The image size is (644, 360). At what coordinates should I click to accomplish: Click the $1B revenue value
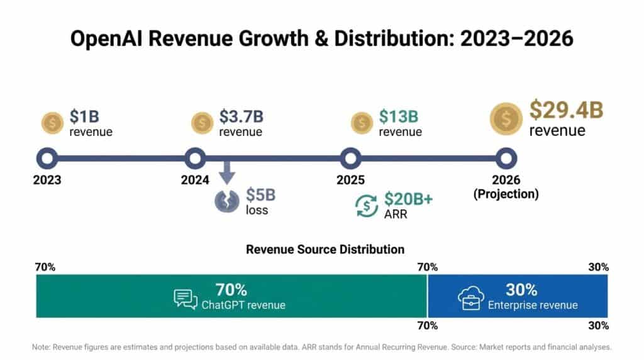point(84,117)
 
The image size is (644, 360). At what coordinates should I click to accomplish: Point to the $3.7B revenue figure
point(241,117)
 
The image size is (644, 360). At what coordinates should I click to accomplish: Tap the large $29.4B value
point(566,110)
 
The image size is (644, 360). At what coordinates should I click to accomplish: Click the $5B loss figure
point(260,195)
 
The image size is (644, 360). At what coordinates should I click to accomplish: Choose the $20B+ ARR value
point(409,200)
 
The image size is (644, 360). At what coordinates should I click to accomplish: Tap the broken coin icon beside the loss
point(227,201)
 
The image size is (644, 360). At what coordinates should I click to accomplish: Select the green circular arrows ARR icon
point(367,205)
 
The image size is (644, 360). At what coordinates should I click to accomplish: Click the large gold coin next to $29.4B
point(507,118)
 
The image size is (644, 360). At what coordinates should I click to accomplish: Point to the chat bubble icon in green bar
point(186,298)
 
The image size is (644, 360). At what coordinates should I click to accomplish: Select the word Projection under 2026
point(506,194)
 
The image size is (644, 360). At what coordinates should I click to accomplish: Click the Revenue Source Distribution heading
point(325,249)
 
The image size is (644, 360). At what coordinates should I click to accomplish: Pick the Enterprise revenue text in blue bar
point(533,305)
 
